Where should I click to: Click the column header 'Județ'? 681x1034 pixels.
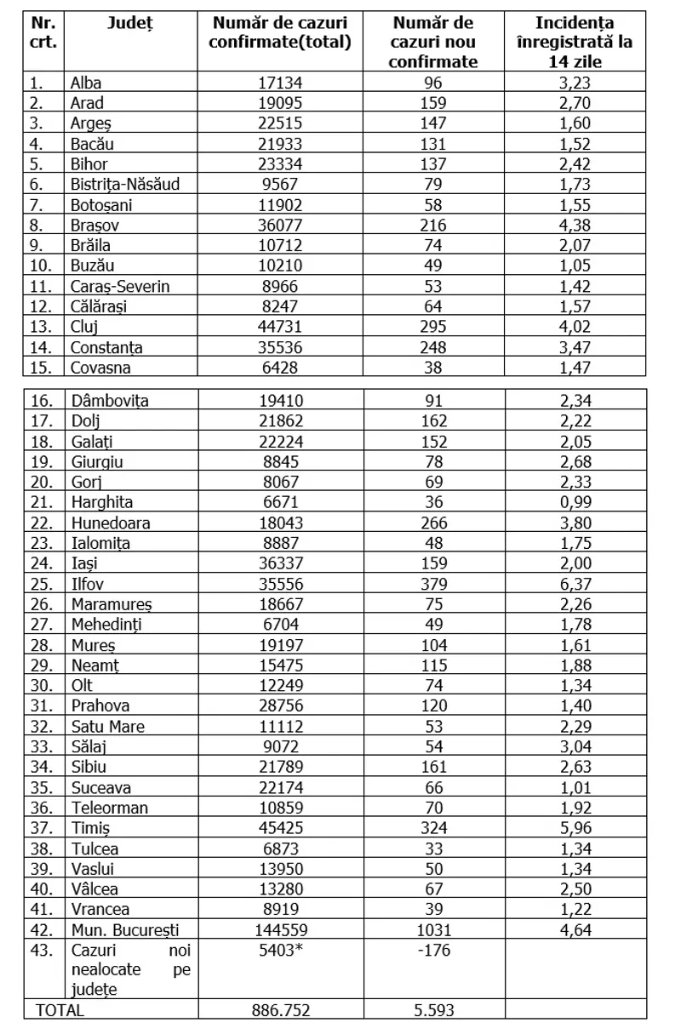click(130, 24)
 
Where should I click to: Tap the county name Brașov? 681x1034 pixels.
click(94, 225)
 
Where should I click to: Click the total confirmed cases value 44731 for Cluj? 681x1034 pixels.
click(280, 327)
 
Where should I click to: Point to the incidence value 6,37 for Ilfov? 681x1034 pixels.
click(573, 583)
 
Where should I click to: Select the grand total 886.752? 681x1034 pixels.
click(280, 1009)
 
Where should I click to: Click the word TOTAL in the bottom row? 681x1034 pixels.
click(59, 1009)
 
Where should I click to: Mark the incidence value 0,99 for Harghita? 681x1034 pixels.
click(573, 502)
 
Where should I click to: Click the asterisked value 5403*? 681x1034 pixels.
click(280, 950)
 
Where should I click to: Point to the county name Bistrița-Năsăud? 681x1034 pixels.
click(125, 184)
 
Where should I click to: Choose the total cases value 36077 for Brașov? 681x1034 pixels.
click(280, 225)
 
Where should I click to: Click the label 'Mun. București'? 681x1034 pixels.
click(125, 929)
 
